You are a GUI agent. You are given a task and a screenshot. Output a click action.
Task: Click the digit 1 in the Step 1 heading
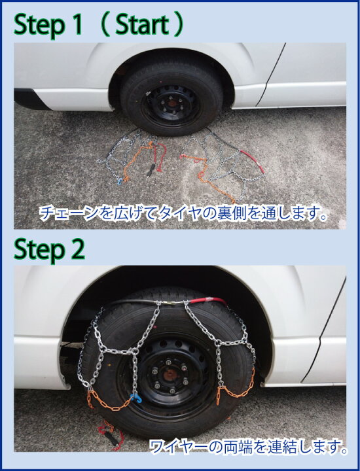[77, 24]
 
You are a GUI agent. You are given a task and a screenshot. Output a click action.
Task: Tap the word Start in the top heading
[142, 24]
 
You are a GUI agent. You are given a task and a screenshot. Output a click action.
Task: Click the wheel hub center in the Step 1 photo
[171, 103]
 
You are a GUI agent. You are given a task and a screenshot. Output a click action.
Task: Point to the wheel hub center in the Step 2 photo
[170, 375]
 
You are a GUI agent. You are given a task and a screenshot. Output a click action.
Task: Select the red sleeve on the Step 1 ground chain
[253, 159]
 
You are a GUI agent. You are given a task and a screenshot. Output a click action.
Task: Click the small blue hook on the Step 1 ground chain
[120, 181]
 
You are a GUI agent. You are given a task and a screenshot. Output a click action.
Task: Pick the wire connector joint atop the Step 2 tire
[171, 303]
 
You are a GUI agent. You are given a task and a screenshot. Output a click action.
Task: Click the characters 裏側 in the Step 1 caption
[232, 213]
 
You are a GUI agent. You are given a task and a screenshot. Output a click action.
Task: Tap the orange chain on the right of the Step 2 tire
[238, 387]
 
